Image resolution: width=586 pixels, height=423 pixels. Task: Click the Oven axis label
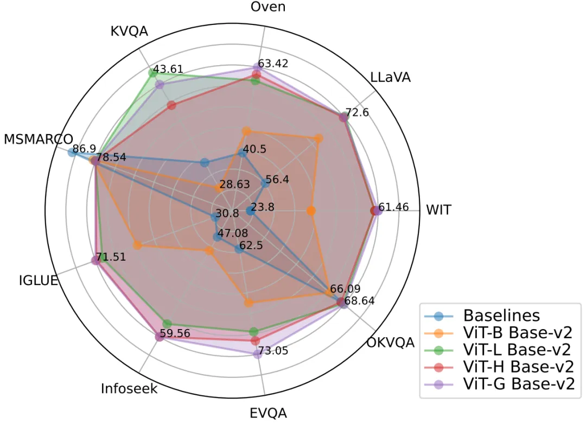[268, 7]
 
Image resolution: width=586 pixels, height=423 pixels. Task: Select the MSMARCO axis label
[39, 139]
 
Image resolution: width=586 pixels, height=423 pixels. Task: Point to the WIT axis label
[438, 210]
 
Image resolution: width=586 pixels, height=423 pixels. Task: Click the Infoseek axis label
[129, 389]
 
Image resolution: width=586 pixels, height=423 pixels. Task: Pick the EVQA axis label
[268, 413]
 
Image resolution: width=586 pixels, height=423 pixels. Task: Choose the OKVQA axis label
[390, 343]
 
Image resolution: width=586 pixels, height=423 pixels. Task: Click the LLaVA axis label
[390, 77]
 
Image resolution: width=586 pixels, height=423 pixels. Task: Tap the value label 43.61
[168, 70]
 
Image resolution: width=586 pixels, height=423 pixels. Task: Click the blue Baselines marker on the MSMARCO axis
[72, 153]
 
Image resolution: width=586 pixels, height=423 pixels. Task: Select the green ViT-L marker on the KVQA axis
[152, 73]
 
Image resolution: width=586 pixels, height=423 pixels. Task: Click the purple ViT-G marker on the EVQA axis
[257, 355]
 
